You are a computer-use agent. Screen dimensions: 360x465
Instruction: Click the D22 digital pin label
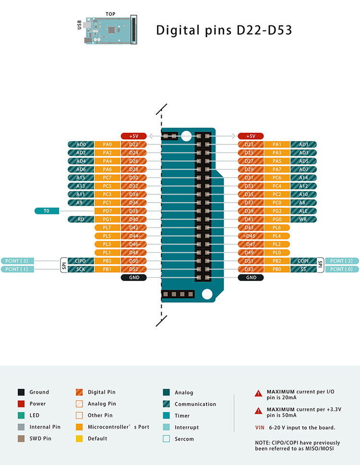pyautogui.click(x=133, y=144)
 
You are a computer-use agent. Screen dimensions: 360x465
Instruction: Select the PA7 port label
pyautogui.click(x=277, y=169)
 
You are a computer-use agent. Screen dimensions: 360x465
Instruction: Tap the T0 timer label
pyautogui.click(x=47, y=211)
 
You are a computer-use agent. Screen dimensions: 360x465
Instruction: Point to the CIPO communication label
pyautogui.click(x=80, y=261)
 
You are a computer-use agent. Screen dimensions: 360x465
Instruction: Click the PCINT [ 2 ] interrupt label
pyautogui.click(x=342, y=261)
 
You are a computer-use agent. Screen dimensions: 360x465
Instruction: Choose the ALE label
pyautogui.click(x=303, y=211)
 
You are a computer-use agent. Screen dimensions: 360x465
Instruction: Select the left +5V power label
pyautogui.click(x=133, y=136)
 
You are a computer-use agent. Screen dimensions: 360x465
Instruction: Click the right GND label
pyautogui.click(x=251, y=277)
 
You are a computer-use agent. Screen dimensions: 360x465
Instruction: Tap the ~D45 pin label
pyautogui.click(x=251, y=236)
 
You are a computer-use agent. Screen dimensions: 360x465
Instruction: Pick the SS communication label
pyautogui.click(x=303, y=269)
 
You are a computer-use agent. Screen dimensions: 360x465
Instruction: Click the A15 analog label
pyautogui.click(x=81, y=178)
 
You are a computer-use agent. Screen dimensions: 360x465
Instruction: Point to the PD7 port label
pyautogui.click(x=107, y=211)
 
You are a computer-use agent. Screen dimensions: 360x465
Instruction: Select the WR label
pyautogui.click(x=303, y=219)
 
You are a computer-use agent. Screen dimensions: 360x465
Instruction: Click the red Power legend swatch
pyautogui.click(x=21, y=404)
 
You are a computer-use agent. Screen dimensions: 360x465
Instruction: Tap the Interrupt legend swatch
pyautogui.click(x=167, y=427)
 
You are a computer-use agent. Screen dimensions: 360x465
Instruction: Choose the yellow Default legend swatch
pyautogui.click(x=79, y=439)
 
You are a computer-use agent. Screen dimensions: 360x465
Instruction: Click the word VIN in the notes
pyautogui.click(x=260, y=428)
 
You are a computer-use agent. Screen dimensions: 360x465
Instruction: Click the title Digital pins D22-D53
pyautogui.click(x=224, y=30)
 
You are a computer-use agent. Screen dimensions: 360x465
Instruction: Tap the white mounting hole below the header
pyautogui.click(x=207, y=294)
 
